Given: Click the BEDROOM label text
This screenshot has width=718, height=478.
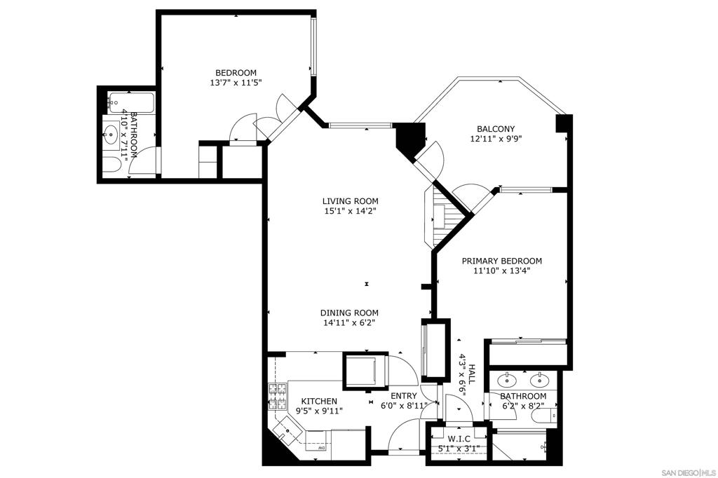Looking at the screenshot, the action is pyautogui.click(x=236, y=73).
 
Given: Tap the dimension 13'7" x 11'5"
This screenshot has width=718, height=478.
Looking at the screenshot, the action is pyautogui.click(x=236, y=83).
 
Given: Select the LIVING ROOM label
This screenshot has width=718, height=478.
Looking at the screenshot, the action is pyautogui.click(x=351, y=201).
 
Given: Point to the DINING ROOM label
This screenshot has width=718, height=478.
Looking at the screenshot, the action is pyautogui.click(x=349, y=313).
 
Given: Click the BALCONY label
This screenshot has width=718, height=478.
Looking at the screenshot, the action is pyautogui.click(x=496, y=129).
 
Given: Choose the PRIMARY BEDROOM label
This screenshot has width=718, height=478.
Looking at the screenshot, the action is pyautogui.click(x=502, y=261).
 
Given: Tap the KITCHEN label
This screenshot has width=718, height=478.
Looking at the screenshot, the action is pyautogui.click(x=319, y=401).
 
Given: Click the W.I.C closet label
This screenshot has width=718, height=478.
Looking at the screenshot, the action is pyautogui.click(x=459, y=439).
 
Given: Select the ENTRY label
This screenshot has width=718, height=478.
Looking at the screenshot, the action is pyautogui.click(x=404, y=396).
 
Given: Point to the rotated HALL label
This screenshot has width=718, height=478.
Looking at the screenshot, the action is pyautogui.click(x=472, y=374).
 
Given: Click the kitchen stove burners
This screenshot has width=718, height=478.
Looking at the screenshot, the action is pyautogui.click(x=278, y=397).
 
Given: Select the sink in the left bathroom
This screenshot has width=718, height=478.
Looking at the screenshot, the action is pyautogui.click(x=110, y=134).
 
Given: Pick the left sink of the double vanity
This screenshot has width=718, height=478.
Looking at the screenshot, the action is pyautogui.click(x=506, y=380).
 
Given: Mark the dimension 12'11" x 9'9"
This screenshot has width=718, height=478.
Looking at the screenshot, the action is pyautogui.click(x=496, y=139).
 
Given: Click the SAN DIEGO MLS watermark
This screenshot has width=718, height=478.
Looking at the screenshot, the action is pyautogui.click(x=690, y=472).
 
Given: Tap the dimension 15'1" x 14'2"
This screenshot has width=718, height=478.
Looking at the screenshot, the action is pyautogui.click(x=351, y=211).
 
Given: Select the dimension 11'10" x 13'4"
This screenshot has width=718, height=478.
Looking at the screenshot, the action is pyautogui.click(x=502, y=271).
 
